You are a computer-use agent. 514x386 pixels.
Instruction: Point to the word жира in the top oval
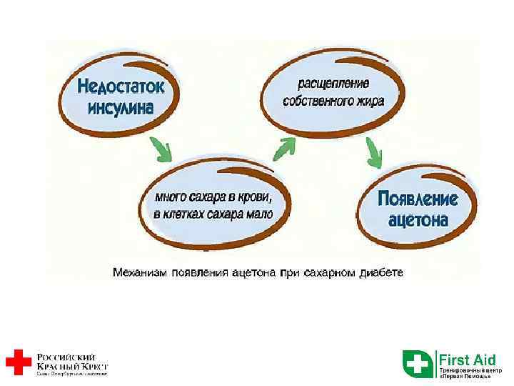(x=370, y=102)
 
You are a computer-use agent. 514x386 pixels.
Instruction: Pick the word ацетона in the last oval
(x=418, y=219)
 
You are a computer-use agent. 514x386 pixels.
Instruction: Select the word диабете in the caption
(x=381, y=272)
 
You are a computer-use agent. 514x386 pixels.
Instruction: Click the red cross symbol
(x=19, y=362)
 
